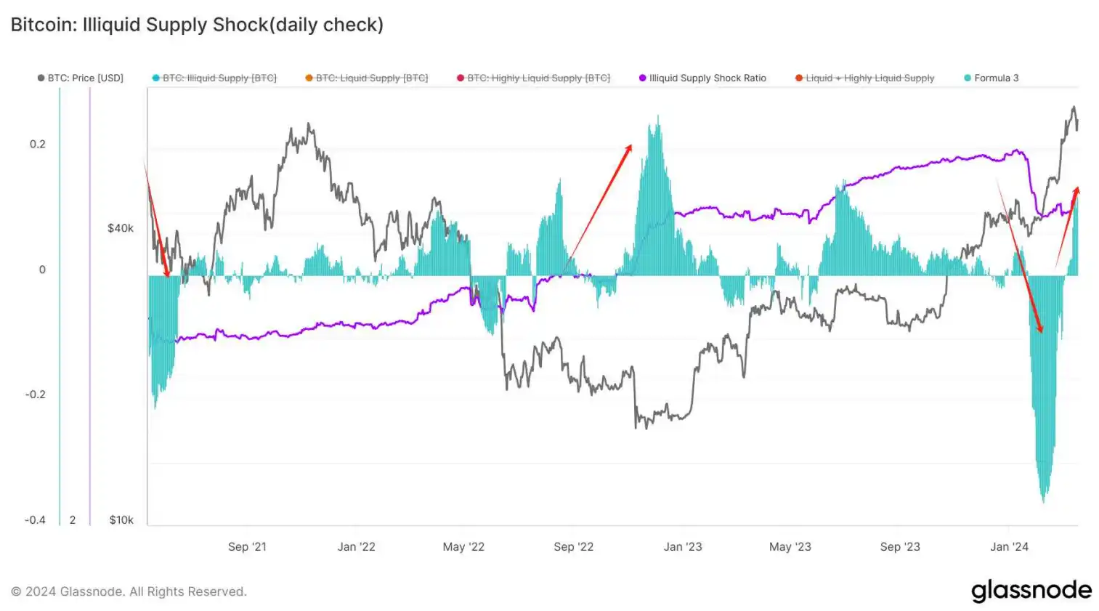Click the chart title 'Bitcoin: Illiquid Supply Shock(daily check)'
pos(197,25)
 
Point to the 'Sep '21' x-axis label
pos(247,546)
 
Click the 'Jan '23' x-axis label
pos(683,546)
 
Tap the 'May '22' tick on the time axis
pos(463,546)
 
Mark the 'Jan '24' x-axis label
pos(1009,546)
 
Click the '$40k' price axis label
pos(121,228)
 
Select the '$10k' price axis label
pos(121,519)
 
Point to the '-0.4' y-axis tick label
pos(36,519)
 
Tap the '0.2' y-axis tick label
pos(38,144)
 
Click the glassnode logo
pos(1031,590)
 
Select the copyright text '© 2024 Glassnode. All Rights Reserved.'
pos(129,591)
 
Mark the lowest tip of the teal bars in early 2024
pos(1044,501)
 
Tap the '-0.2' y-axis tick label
pos(36,394)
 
